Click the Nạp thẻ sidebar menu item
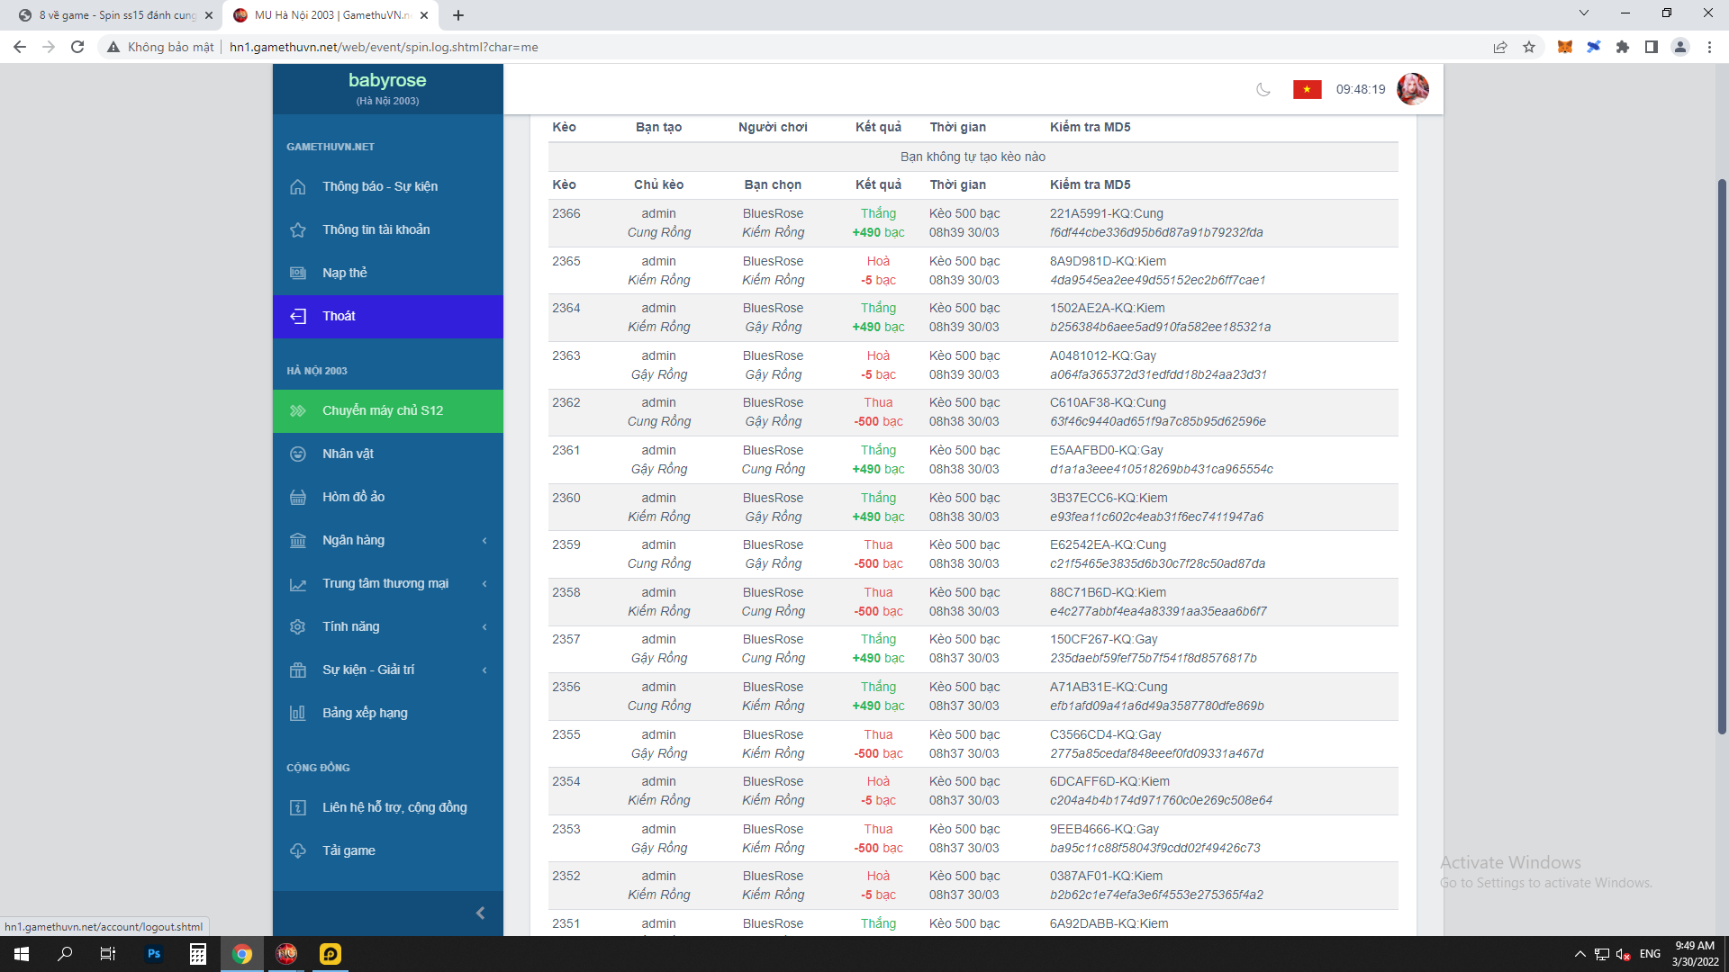coord(345,273)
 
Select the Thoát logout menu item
coord(339,316)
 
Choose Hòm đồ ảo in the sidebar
coord(353,497)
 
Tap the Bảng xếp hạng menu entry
coord(365,713)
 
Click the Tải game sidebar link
coord(349,850)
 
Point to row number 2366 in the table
coord(566,213)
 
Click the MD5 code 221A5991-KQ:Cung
coord(1106,213)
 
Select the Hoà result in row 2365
coord(878,261)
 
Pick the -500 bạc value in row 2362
coord(878,421)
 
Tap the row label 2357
coord(566,639)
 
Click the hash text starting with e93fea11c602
coord(1156,517)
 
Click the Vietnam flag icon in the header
coord(1307,89)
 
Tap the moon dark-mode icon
coord(1263,89)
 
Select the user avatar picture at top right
coord(1412,89)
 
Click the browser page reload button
coord(77,47)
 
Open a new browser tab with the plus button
coord(458,15)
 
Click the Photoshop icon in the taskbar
coord(154,954)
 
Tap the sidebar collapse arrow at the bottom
coord(480,913)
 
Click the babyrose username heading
coord(387,80)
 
